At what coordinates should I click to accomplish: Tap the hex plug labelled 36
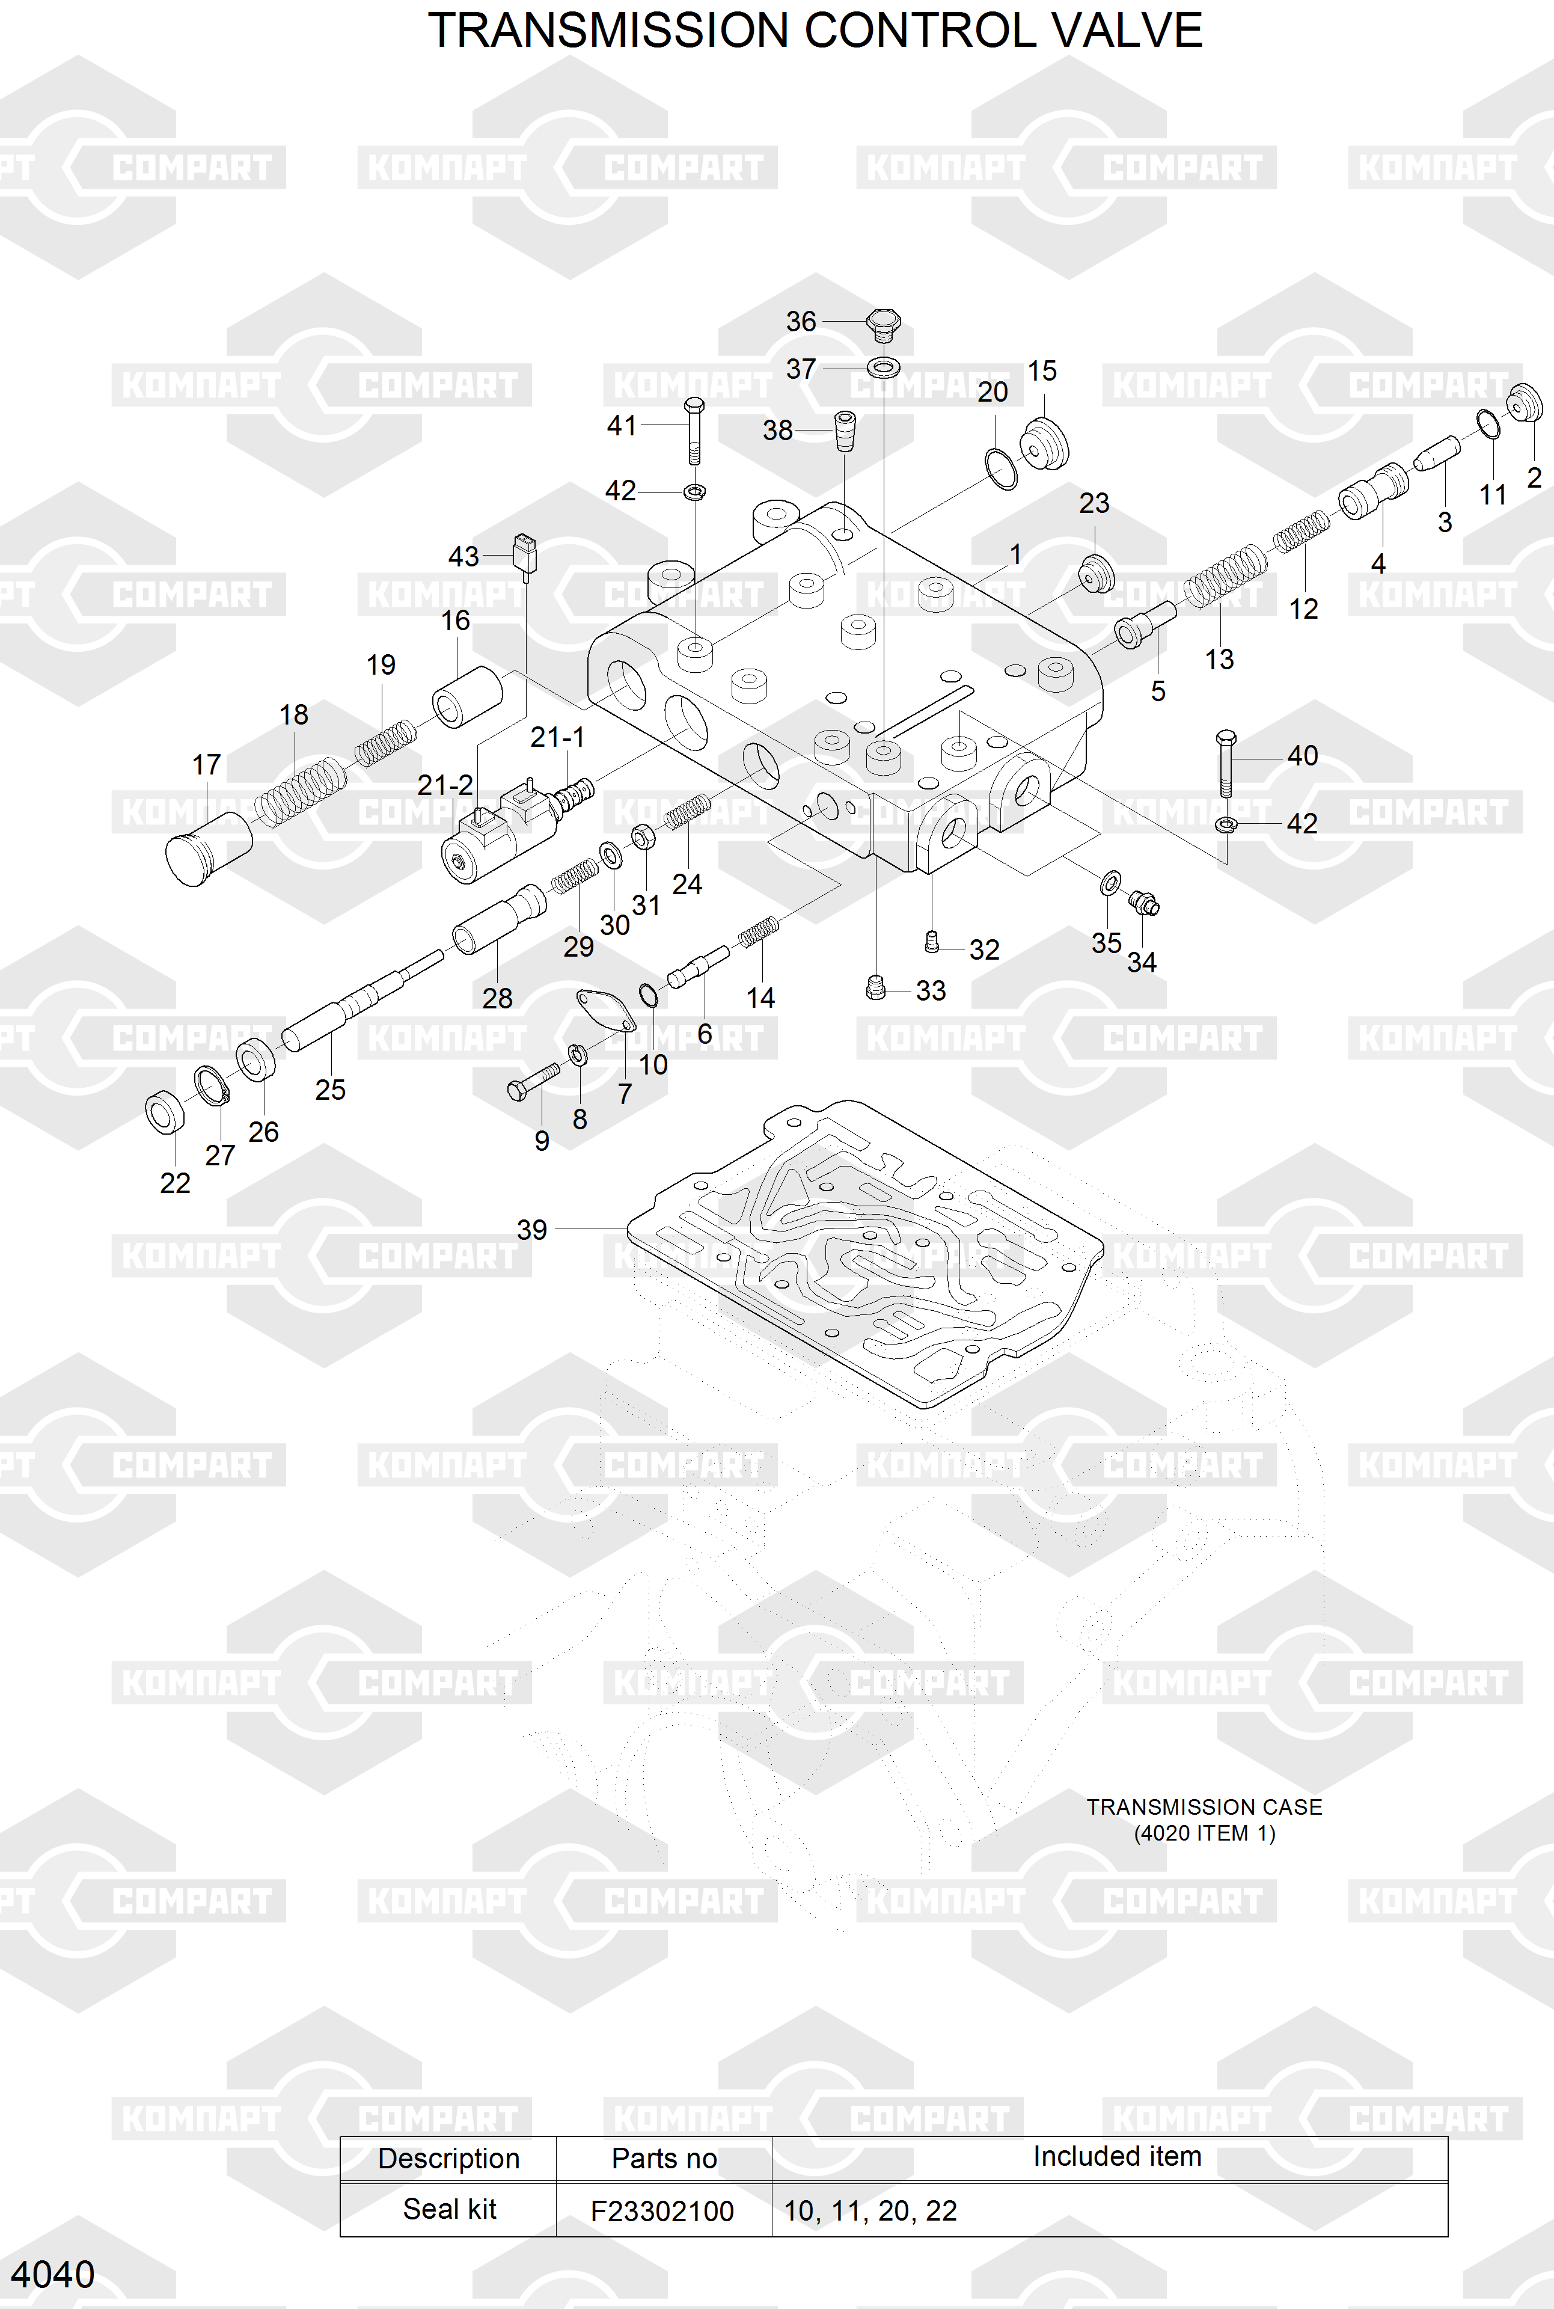click(882, 324)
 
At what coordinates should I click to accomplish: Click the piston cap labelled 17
click(208, 848)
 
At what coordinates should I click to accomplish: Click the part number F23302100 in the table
click(662, 2211)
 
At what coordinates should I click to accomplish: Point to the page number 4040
click(52, 2274)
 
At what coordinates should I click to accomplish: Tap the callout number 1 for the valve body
click(1015, 554)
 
